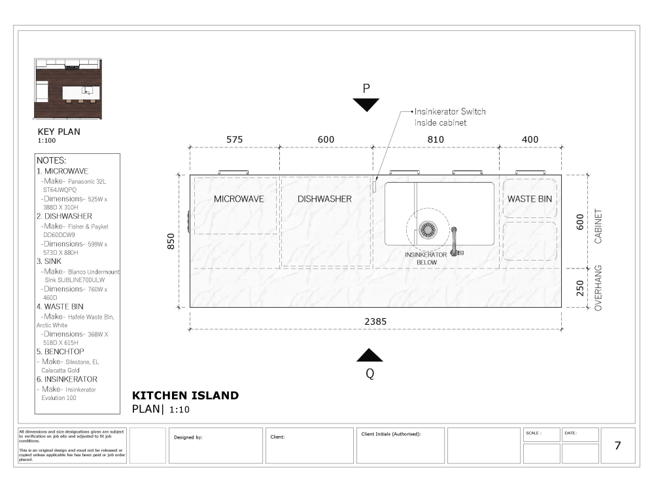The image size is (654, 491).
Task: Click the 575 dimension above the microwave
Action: point(234,139)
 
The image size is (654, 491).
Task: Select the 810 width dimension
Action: point(436,139)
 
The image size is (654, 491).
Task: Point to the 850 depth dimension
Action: point(172,241)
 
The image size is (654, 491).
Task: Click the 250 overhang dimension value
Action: point(579,288)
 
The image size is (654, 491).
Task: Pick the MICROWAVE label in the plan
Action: point(239,199)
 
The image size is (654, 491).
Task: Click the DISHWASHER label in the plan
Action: point(325,199)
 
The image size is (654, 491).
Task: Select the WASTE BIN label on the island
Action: point(530,199)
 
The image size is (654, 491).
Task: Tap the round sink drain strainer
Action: point(428,229)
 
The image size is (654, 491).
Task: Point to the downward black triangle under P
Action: point(366,105)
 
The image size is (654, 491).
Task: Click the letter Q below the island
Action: point(370,374)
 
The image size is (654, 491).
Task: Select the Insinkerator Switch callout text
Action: point(450,117)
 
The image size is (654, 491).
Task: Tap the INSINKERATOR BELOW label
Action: point(426,258)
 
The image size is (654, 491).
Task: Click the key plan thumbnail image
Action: point(69,89)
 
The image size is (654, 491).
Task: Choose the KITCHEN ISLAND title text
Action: point(185,395)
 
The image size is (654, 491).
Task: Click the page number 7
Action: point(617,446)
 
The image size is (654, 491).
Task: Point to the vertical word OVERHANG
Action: point(598,287)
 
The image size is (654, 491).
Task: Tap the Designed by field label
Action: point(188,437)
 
